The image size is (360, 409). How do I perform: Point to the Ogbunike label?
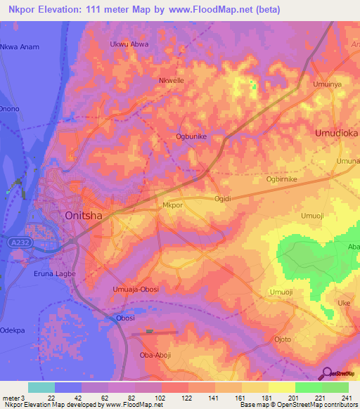191,138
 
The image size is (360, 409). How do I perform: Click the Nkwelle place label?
172,81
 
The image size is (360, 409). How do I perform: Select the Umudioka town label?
337,132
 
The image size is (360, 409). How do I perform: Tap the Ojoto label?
283,339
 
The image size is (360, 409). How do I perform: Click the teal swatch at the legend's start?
41,387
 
